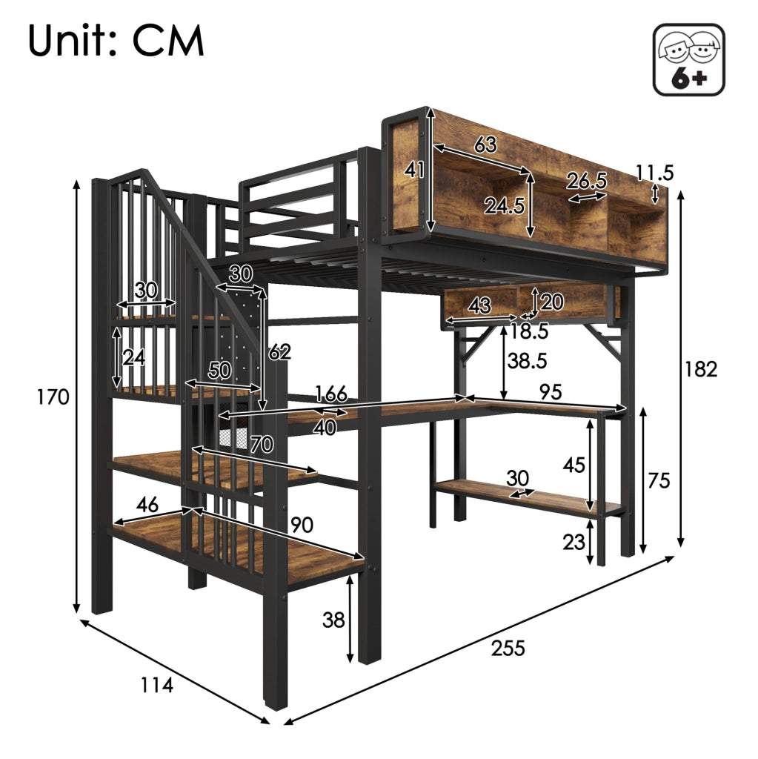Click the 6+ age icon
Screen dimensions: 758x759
(689, 59)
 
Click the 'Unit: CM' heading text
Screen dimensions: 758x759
(116, 42)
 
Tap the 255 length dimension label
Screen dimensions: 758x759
(508, 648)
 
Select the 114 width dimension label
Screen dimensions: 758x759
(156, 685)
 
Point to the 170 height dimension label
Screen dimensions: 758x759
(53, 397)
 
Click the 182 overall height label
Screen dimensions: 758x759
(701, 369)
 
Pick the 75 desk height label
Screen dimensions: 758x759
(659, 480)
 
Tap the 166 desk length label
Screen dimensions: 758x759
(331, 394)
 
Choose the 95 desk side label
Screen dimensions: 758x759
(551, 392)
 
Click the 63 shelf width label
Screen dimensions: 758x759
(485, 144)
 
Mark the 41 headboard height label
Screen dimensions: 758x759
(415, 170)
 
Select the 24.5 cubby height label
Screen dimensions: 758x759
(505, 206)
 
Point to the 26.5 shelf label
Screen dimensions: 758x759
(587, 181)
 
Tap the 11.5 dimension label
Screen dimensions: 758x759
(654, 172)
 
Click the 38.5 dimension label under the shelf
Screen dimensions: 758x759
(527, 361)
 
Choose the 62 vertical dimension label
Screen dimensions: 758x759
(280, 352)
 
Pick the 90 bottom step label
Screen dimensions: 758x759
(302, 525)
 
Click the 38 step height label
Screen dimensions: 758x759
(333, 620)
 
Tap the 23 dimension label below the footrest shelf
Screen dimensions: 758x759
(574, 542)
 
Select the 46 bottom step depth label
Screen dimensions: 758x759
(147, 505)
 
